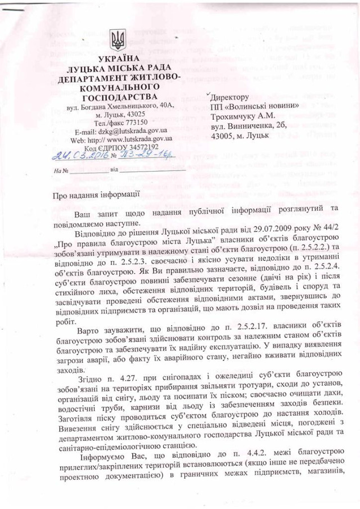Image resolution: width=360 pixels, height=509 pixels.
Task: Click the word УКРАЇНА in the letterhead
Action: pos(118,60)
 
